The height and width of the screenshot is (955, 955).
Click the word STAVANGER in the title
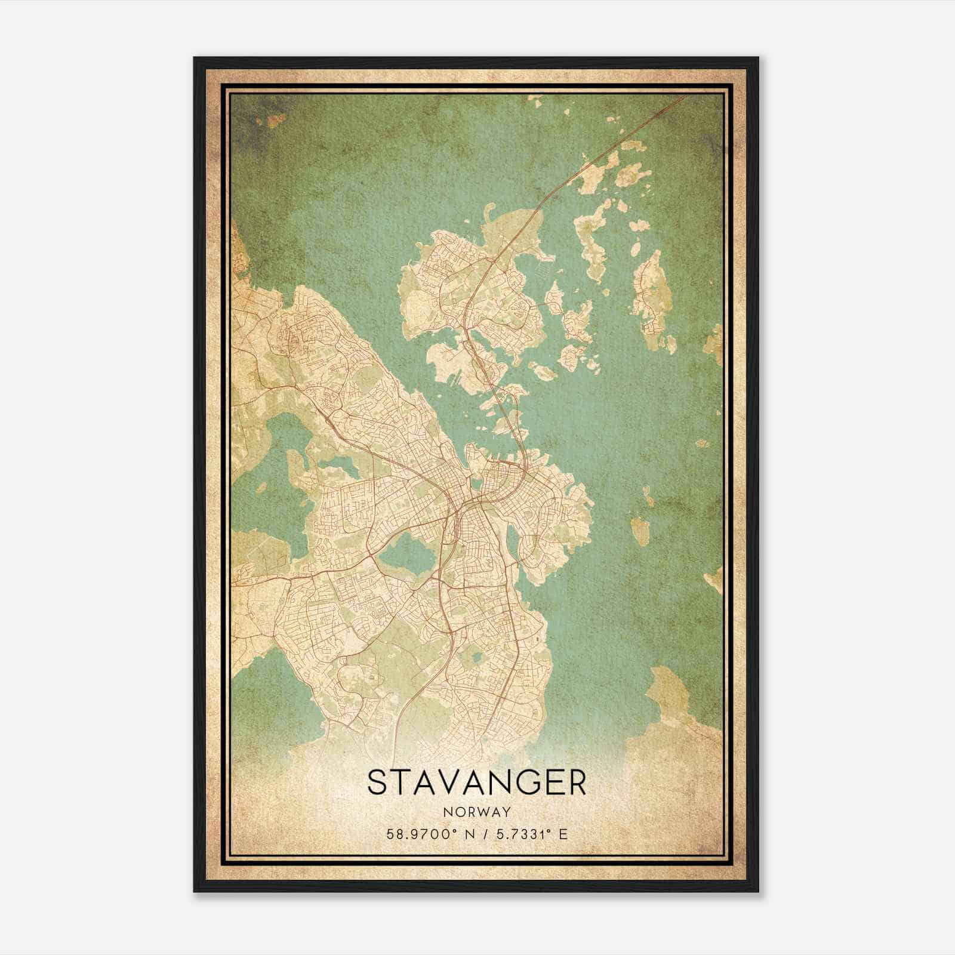click(477, 783)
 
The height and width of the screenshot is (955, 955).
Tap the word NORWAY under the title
click(477, 812)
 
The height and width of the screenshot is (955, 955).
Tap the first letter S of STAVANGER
click(377, 783)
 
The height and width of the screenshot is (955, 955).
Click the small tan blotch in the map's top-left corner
click(275, 121)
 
